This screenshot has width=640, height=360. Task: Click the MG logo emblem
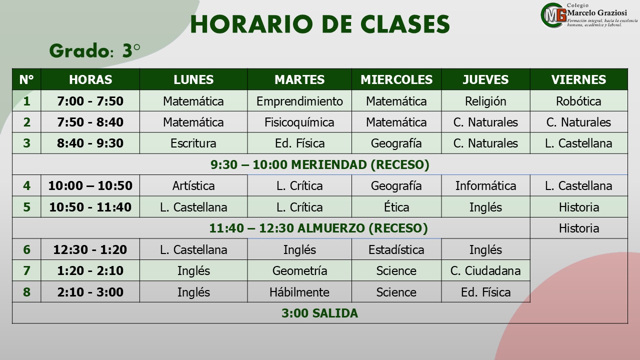coord(553,15)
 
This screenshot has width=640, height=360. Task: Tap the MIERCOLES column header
coord(396,79)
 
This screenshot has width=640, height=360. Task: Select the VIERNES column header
coord(578,79)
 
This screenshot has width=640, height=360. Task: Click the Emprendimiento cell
coord(299,101)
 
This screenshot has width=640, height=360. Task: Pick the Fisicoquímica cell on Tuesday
coord(299,122)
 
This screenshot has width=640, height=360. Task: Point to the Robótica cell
coord(578,101)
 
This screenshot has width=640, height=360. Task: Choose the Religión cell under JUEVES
coord(485,101)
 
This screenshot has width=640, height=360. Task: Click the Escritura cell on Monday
coord(193,143)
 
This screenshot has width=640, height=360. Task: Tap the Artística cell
coord(193,185)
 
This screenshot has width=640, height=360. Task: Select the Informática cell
coord(485,185)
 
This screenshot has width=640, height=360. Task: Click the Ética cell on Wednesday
coord(396,207)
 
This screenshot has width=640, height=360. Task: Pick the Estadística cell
coord(396,249)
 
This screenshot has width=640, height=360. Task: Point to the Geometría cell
coord(299,270)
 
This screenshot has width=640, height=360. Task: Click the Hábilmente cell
coord(299,292)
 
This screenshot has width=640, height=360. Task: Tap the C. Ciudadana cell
coord(485,270)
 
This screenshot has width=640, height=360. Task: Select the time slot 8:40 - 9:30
coord(90,143)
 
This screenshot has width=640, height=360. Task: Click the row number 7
coord(26,270)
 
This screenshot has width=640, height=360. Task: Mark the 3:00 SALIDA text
coord(319,313)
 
